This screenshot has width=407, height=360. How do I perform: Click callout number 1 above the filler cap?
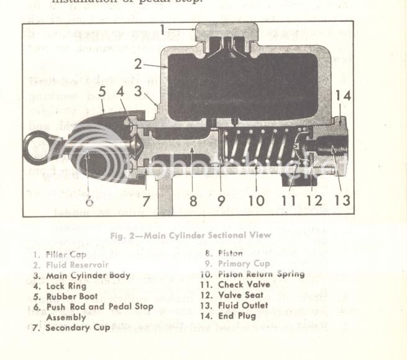point(162,30)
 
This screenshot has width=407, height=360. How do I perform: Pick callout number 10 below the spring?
point(255,200)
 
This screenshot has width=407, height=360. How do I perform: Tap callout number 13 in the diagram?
point(341,200)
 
